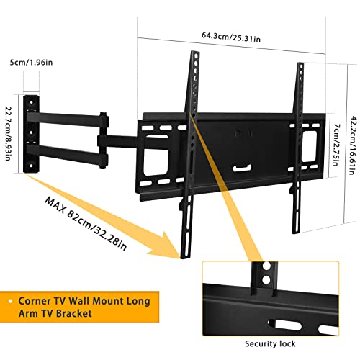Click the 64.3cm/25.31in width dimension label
231,37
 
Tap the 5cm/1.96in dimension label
31,63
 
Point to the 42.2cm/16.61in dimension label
353,145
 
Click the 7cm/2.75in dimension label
336,145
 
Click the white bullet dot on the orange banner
10,301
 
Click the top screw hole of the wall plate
31,102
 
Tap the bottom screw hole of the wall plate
31,166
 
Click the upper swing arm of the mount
67,120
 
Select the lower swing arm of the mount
67,153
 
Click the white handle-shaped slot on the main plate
242,168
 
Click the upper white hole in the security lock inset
266,266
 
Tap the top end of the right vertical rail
300,63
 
